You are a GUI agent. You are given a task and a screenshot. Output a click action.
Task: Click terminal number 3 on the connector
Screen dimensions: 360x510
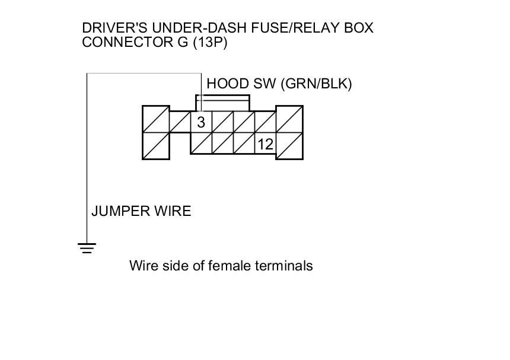(201, 123)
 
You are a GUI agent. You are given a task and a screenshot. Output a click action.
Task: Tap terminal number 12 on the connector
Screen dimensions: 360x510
(265, 144)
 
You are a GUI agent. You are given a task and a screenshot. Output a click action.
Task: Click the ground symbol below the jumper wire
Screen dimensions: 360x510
(87, 248)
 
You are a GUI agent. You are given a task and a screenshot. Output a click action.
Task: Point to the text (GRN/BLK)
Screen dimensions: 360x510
(317, 84)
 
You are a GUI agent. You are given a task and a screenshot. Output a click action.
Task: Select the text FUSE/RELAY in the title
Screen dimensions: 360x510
(278, 28)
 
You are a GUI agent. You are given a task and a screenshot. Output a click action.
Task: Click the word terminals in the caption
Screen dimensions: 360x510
(283, 266)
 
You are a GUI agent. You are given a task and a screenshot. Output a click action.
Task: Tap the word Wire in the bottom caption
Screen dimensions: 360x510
(142, 266)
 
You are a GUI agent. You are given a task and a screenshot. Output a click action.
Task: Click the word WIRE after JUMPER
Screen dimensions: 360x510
(174, 211)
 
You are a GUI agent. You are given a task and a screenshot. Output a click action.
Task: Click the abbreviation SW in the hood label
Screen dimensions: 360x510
(266, 84)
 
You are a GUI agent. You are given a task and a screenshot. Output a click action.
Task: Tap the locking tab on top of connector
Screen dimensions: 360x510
(222, 101)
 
